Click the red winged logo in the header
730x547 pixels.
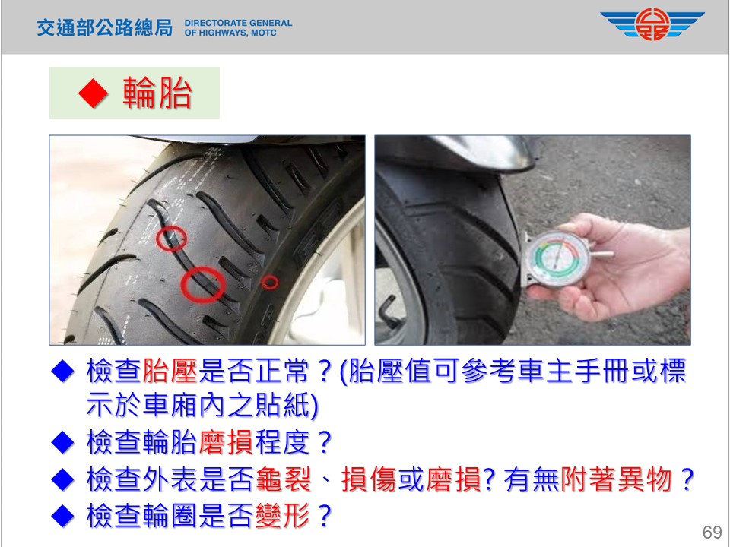(x=652, y=24)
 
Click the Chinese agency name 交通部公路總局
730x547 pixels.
(x=105, y=28)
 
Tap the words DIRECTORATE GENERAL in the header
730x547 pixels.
(x=238, y=23)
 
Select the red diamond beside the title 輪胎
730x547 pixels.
(x=93, y=93)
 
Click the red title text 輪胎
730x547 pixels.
(x=157, y=93)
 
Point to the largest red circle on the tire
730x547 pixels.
(x=202, y=284)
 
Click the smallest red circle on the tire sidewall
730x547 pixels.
(x=269, y=282)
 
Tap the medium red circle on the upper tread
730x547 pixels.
(x=171, y=238)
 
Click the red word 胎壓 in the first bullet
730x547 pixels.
(x=170, y=371)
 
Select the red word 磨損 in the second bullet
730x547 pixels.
(x=227, y=441)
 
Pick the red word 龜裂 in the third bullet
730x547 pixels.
(x=283, y=479)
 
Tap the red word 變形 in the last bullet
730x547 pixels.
(x=282, y=515)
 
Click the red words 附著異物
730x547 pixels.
(x=616, y=479)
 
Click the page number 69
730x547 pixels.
(x=712, y=532)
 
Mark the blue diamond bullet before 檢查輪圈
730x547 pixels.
(x=63, y=515)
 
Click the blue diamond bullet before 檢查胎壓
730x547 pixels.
(x=63, y=372)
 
